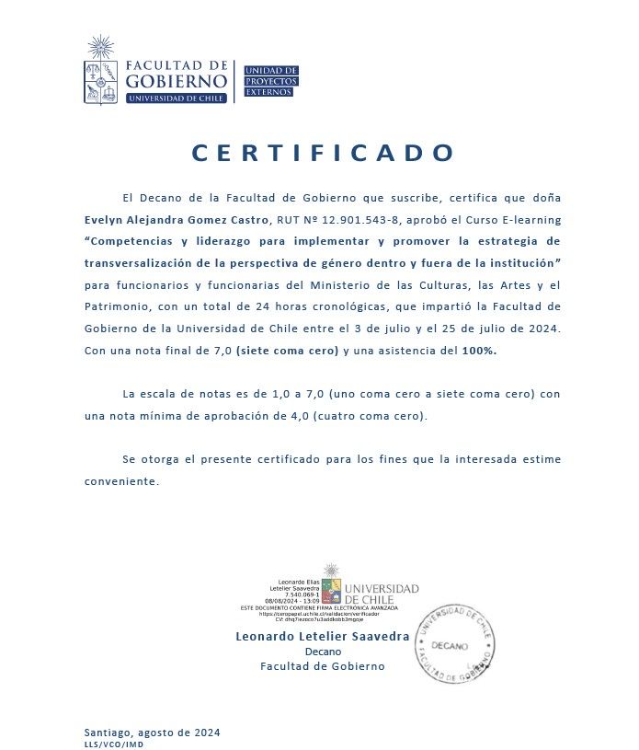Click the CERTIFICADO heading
324,153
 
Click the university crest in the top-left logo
100,81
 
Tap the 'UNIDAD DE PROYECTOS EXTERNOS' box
270,81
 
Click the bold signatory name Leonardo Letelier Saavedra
323,636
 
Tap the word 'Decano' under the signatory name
323,652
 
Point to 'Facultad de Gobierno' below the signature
323,666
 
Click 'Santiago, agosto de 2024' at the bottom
152,733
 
